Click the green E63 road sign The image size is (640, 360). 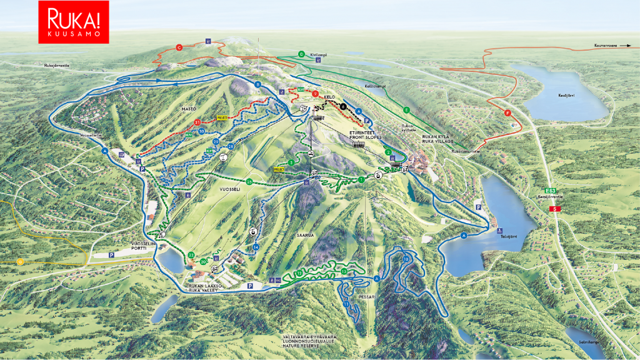[550, 191]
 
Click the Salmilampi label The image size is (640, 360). [588, 341]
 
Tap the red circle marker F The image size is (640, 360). [507, 113]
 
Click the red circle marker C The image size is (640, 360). [179, 47]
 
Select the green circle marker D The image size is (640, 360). [301, 54]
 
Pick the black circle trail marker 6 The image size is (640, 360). [342, 106]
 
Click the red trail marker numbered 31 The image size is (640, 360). [197, 122]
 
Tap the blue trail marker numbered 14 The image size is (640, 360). [256, 247]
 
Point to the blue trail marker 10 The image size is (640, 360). [406, 259]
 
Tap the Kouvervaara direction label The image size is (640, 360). [609, 46]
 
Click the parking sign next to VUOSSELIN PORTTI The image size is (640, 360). [112, 255]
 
